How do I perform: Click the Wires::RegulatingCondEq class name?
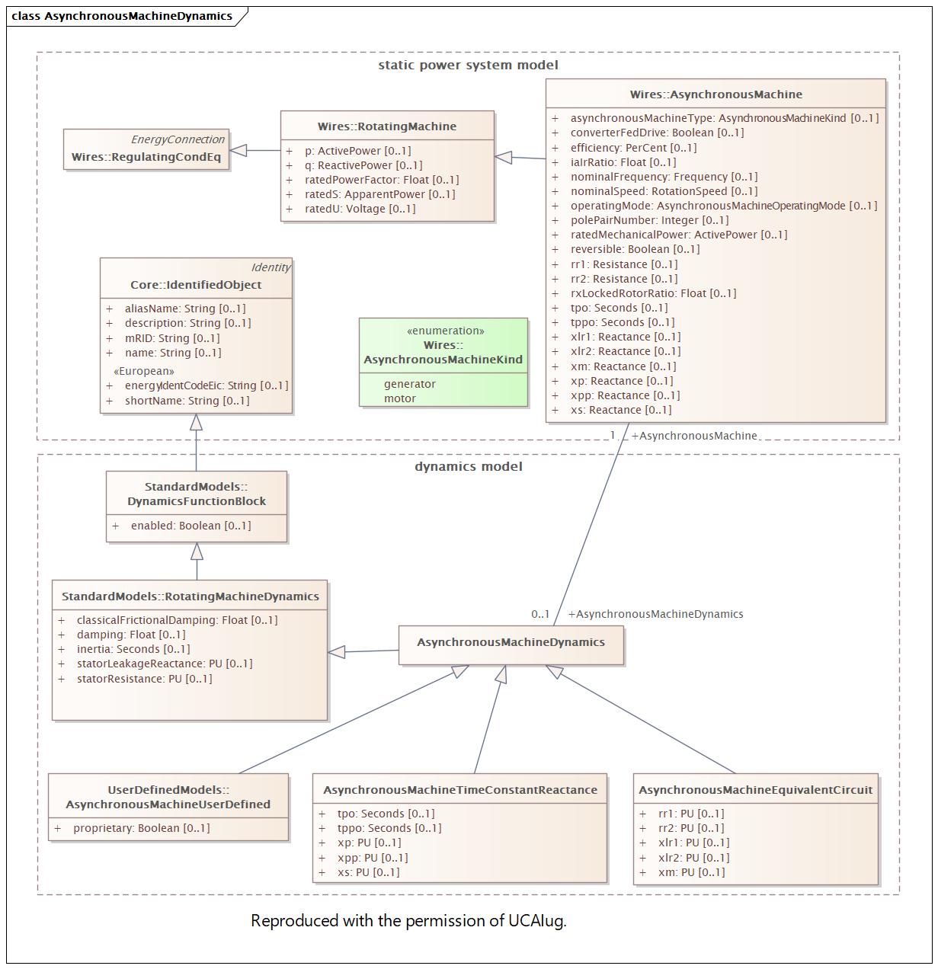146,157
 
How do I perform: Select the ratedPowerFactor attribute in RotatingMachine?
382,180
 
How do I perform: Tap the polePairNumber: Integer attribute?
649,220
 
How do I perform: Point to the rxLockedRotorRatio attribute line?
653,293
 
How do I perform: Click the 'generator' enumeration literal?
409,384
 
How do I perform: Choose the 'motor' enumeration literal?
399,398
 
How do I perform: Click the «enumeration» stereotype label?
445,331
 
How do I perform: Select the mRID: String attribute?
172,338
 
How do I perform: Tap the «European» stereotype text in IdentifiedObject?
144,371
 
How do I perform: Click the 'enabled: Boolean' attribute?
190,526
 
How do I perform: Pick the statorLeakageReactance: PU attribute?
165,664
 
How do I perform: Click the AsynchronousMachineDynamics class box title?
511,642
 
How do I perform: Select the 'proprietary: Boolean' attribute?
141,828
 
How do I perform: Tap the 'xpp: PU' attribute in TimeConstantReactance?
372,858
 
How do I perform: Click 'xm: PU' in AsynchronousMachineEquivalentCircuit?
691,872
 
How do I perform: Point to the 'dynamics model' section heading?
469,466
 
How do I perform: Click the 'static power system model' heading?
468,66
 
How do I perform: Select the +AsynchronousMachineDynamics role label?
655,614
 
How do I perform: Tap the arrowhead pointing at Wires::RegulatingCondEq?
238,150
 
